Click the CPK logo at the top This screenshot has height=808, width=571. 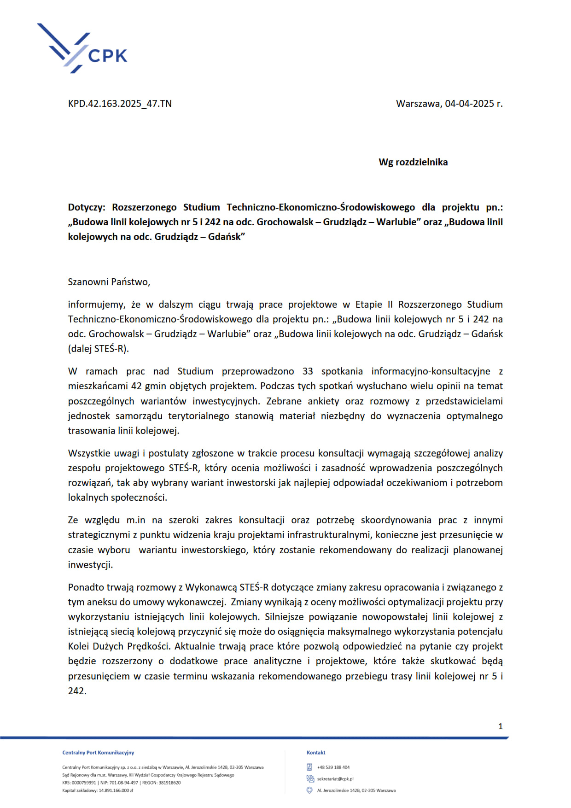(82, 49)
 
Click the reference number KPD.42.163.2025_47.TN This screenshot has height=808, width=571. (120, 104)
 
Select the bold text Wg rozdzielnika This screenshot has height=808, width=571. (413, 162)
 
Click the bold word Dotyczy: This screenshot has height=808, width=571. (87, 207)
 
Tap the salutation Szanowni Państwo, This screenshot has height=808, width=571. (109, 282)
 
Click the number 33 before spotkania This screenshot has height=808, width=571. (308, 371)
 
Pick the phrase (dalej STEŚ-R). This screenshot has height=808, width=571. (99, 349)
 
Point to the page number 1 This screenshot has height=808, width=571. (501, 726)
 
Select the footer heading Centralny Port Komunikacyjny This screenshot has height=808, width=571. (98, 753)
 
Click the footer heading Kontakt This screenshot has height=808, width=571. (316, 753)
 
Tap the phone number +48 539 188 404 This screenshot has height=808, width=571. (333, 767)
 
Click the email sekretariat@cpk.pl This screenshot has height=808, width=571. (335, 779)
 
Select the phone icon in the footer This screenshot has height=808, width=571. (309, 767)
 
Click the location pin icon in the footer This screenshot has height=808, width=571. (309, 790)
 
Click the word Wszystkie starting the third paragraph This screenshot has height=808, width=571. (90, 453)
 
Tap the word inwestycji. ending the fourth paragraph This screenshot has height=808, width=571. (90, 565)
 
